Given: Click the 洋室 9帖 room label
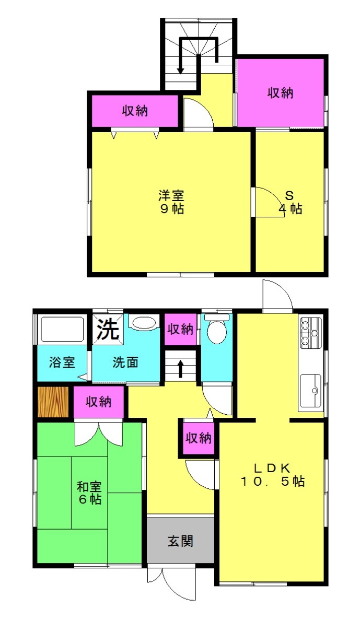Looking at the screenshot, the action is (x=171, y=202).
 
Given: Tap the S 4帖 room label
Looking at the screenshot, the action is (x=291, y=202).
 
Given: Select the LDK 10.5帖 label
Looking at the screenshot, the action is (x=272, y=475).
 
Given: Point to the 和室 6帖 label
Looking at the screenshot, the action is (x=89, y=493).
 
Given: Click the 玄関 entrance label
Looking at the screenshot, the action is (x=181, y=541).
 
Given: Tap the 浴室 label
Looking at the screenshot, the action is (x=62, y=362).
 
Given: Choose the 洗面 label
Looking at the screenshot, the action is (x=125, y=362).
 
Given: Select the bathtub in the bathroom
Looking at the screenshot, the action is (x=62, y=329).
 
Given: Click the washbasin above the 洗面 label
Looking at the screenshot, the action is (x=144, y=323).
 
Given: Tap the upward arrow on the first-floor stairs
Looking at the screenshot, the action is (x=181, y=368).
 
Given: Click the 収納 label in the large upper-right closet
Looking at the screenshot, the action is (x=281, y=92).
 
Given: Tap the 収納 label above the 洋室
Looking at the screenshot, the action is (x=135, y=111).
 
